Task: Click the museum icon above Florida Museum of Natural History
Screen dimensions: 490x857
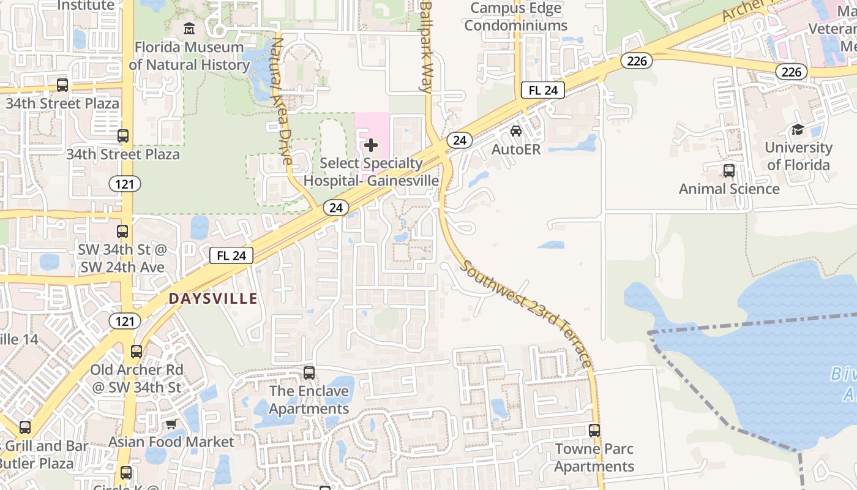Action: click(x=189, y=29)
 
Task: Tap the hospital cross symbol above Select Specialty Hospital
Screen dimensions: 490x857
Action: click(x=371, y=146)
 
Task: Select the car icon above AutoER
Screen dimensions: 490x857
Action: click(x=516, y=131)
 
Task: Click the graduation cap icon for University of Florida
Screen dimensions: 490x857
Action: click(x=798, y=129)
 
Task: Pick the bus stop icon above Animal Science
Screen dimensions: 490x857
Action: click(x=728, y=171)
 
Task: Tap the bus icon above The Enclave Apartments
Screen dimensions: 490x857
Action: click(x=309, y=373)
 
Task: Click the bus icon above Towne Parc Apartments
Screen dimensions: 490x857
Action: click(x=594, y=431)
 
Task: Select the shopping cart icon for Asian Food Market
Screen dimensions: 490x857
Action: click(x=171, y=424)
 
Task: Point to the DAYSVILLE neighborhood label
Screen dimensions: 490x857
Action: click(x=213, y=298)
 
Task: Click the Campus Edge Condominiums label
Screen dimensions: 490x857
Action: click(x=515, y=17)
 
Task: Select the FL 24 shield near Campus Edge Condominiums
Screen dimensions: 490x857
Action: click(x=543, y=91)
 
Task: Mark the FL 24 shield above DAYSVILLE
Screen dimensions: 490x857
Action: click(x=231, y=255)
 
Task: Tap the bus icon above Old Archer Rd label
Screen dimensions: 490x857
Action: click(x=137, y=352)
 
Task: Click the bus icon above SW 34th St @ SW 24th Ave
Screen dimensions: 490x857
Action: click(x=122, y=232)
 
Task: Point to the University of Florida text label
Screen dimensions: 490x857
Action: click(x=798, y=156)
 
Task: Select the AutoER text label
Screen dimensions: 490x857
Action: click(x=516, y=149)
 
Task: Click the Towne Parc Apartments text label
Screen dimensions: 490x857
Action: click(x=594, y=458)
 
